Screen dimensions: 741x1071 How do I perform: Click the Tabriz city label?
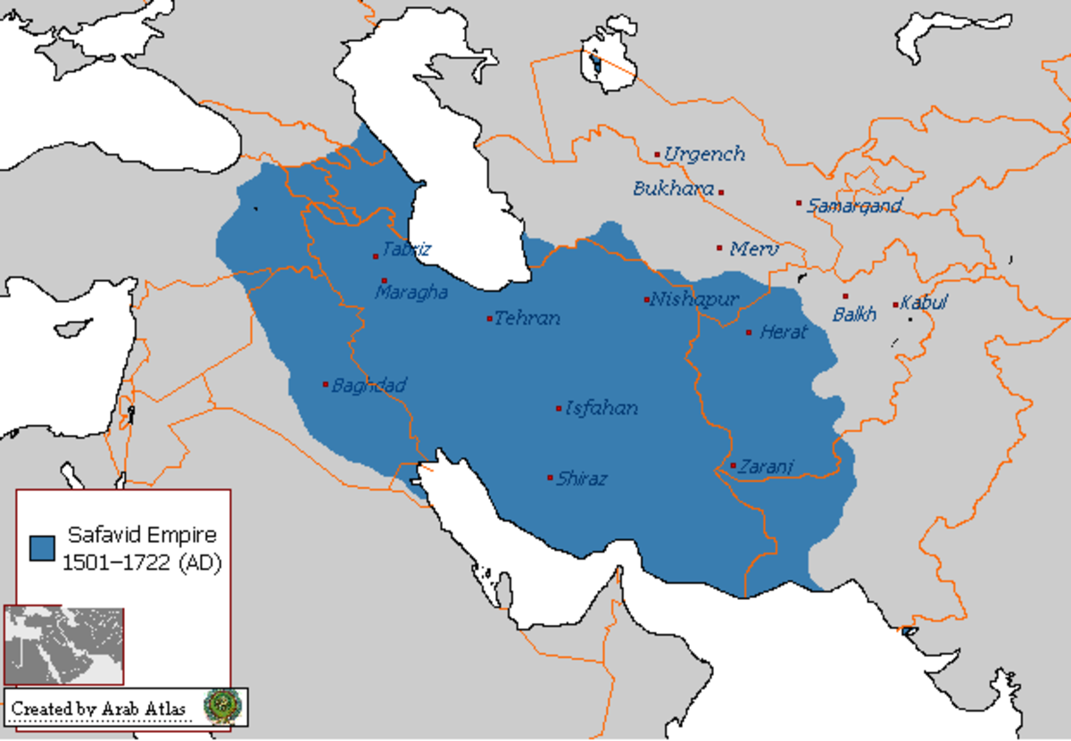click(407, 249)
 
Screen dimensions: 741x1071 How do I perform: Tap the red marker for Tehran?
click(489, 319)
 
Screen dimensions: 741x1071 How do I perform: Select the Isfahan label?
click(602, 409)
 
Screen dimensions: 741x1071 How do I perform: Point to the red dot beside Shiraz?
click(550, 478)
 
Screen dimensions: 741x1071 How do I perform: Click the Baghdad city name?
click(369, 386)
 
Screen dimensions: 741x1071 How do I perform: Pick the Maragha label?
click(411, 292)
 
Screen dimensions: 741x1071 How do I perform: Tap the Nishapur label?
click(694, 299)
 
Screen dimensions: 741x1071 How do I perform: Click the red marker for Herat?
click(749, 332)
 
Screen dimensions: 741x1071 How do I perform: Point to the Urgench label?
click(704, 154)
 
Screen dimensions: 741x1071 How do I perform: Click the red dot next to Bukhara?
click(721, 192)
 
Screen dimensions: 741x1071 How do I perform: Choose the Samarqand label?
click(854, 205)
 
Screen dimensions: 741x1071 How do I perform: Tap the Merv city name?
click(754, 249)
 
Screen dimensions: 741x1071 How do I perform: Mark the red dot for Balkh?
click(845, 296)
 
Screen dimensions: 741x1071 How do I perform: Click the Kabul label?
click(924, 302)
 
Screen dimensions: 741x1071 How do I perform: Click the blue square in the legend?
click(42, 548)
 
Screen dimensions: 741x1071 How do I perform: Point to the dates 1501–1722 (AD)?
click(142, 562)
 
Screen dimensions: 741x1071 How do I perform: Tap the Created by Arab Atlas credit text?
click(99, 709)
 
